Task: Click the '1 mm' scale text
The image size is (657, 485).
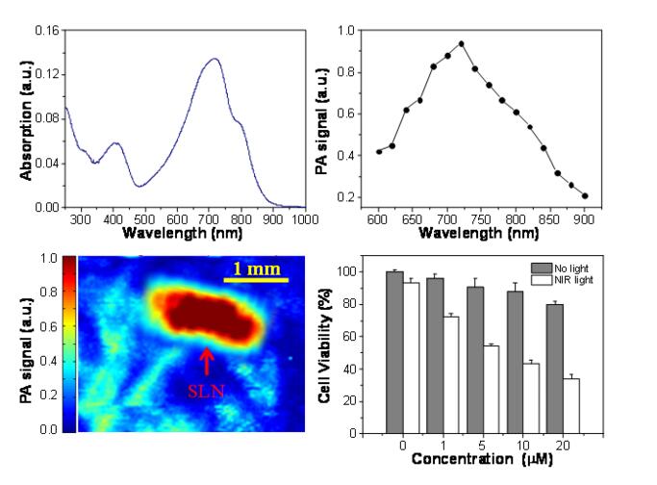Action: [256, 268]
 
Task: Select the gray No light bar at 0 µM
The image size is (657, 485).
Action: [394, 352]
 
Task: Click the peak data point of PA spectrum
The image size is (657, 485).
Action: [462, 43]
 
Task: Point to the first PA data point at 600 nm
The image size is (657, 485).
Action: [379, 151]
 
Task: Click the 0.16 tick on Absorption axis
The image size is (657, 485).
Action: [45, 31]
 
